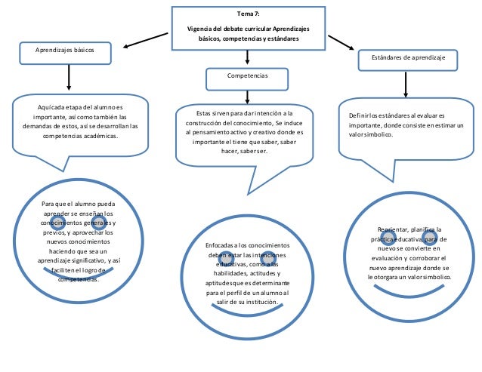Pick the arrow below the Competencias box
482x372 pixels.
click(246, 94)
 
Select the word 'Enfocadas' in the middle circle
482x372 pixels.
click(220, 246)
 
